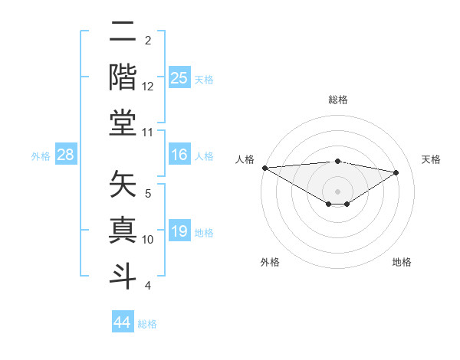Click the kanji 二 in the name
tap(123, 33)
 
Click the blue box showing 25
tap(179, 78)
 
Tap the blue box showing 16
tap(179, 155)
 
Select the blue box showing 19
tap(179, 232)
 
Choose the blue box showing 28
tap(66, 155)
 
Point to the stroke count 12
tap(148, 87)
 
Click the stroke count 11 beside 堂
tap(148, 133)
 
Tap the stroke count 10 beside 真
tap(148, 240)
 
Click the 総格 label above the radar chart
tap(337, 100)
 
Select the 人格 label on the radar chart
tap(245, 159)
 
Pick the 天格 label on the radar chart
tap(431, 159)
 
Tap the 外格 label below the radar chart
tap(270, 262)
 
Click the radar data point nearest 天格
tap(396, 172)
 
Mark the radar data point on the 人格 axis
tap(264, 168)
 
